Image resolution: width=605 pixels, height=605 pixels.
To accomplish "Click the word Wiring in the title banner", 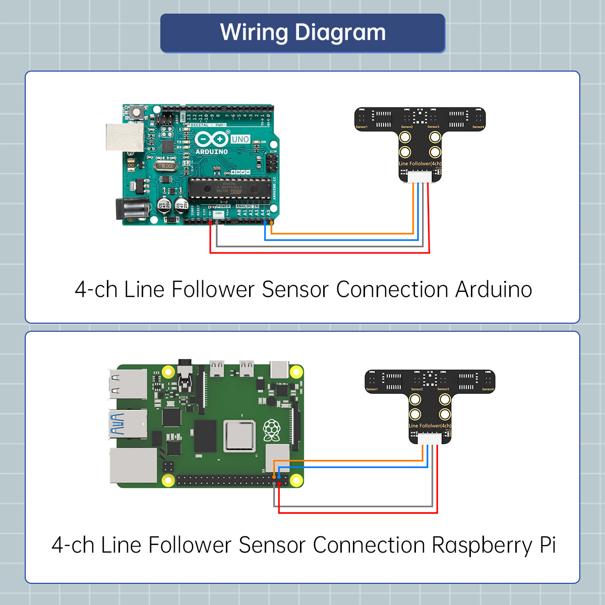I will pos(254,33).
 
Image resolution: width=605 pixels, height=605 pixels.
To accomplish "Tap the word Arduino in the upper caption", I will pos(494,290).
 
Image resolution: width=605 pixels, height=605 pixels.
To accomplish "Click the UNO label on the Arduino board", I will pos(240,139).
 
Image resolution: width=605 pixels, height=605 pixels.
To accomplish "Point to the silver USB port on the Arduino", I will pos(124,137).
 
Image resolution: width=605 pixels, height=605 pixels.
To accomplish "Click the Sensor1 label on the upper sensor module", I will pos(361,127).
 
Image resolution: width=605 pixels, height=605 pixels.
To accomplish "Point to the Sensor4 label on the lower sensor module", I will pos(488,389).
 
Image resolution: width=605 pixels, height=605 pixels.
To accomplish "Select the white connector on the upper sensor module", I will pos(419,176).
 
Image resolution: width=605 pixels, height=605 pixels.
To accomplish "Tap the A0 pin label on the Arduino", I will pos(239,213).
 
